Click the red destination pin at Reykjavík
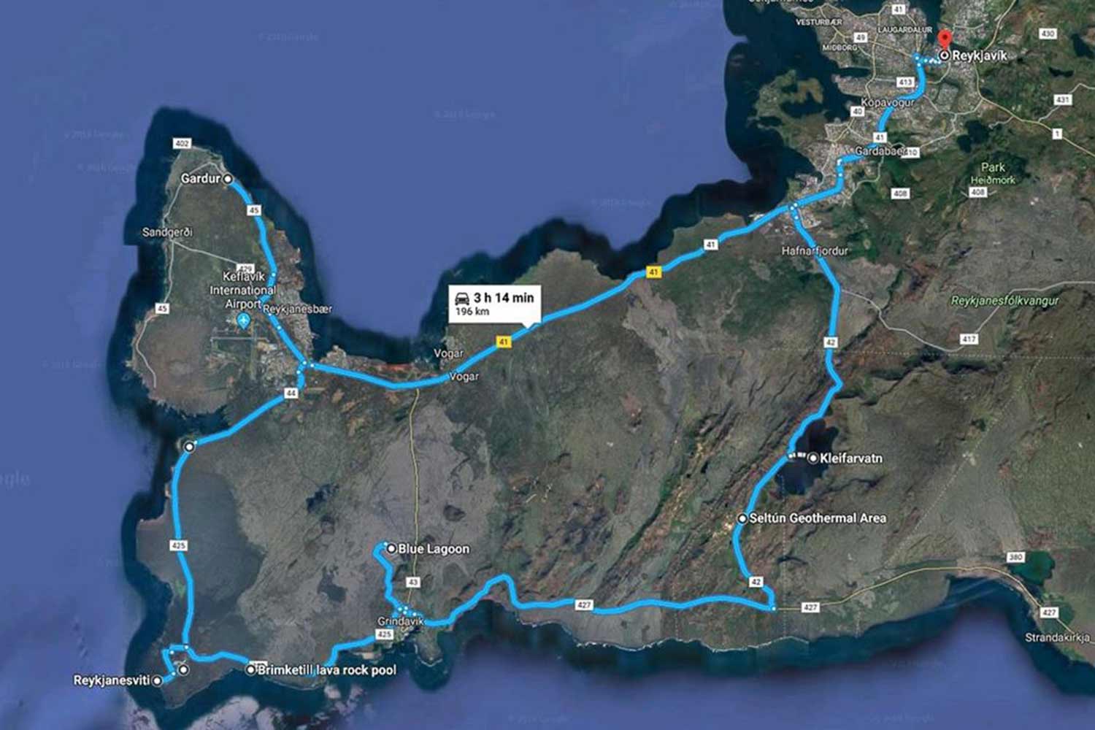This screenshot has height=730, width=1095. (x=945, y=39)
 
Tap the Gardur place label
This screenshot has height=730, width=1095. (x=200, y=178)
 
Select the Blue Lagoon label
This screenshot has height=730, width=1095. (x=434, y=549)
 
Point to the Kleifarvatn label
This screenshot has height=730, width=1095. (x=851, y=458)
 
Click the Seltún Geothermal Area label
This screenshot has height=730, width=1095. (x=818, y=518)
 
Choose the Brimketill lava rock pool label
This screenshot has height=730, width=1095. (x=327, y=669)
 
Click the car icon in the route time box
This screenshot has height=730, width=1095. (x=462, y=298)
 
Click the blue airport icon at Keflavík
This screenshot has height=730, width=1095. (x=244, y=320)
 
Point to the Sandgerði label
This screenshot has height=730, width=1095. (x=167, y=232)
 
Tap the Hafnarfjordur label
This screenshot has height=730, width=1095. (x=815, y=250)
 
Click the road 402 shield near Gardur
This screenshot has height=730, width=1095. (x=182, y=143)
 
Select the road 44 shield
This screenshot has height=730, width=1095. (x=291, y=393)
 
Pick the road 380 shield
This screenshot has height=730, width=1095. (x=1015, y=558)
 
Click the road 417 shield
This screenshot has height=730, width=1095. (x=969, y=339)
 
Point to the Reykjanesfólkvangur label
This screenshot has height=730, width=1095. (x=1004, y=301)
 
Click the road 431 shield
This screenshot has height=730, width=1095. (x=1062, y=99)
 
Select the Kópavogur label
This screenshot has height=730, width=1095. (x=887, y=102)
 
